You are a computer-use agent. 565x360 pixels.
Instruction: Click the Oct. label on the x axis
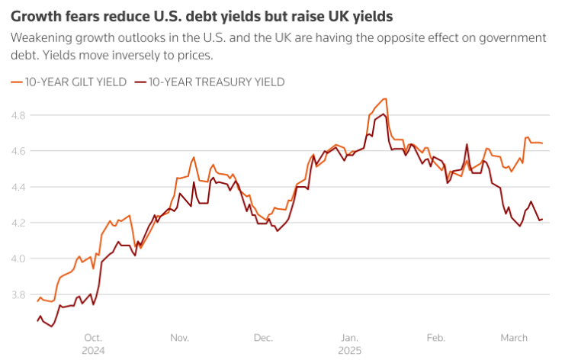[x=93, y=337]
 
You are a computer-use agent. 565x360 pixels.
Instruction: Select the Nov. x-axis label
[x=179, y=337]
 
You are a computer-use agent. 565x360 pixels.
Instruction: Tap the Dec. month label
[x=263, y=337]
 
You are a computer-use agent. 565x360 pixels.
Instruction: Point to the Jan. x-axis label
[x=349, y=337]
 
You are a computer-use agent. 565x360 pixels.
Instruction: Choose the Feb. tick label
[x=435, y=337]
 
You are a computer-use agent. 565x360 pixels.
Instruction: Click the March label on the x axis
[x=514, y=337]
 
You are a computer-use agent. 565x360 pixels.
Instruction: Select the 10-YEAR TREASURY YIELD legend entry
[x=210, y=82]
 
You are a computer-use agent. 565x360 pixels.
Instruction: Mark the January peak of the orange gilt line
[x=386, y=98]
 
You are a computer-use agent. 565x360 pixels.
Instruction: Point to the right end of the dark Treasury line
[x=542, y=220]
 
